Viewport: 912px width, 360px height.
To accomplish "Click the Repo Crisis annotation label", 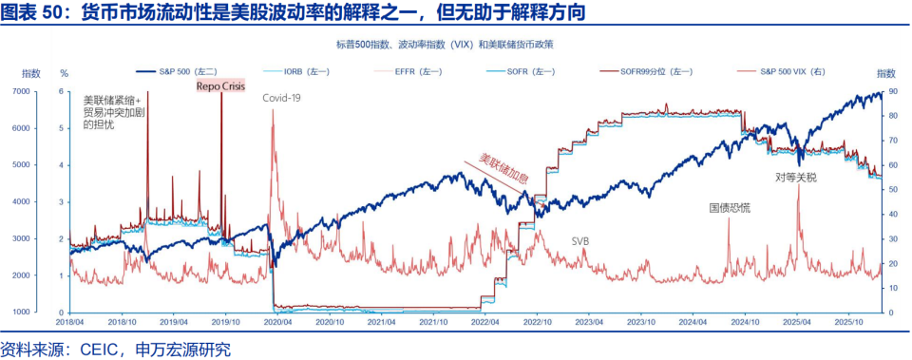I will (220, 85).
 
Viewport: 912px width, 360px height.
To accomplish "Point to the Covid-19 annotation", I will (281, 97).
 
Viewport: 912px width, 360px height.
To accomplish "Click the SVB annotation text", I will (579, 241).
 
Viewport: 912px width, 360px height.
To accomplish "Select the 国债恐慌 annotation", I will (730, 207).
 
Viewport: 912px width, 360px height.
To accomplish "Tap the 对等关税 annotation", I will (794, 177).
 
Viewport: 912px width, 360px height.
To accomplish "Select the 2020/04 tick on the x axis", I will (276, 323).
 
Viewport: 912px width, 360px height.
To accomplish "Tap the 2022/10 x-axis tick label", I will (537, 323).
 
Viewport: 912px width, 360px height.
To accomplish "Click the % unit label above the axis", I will (64, 73).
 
